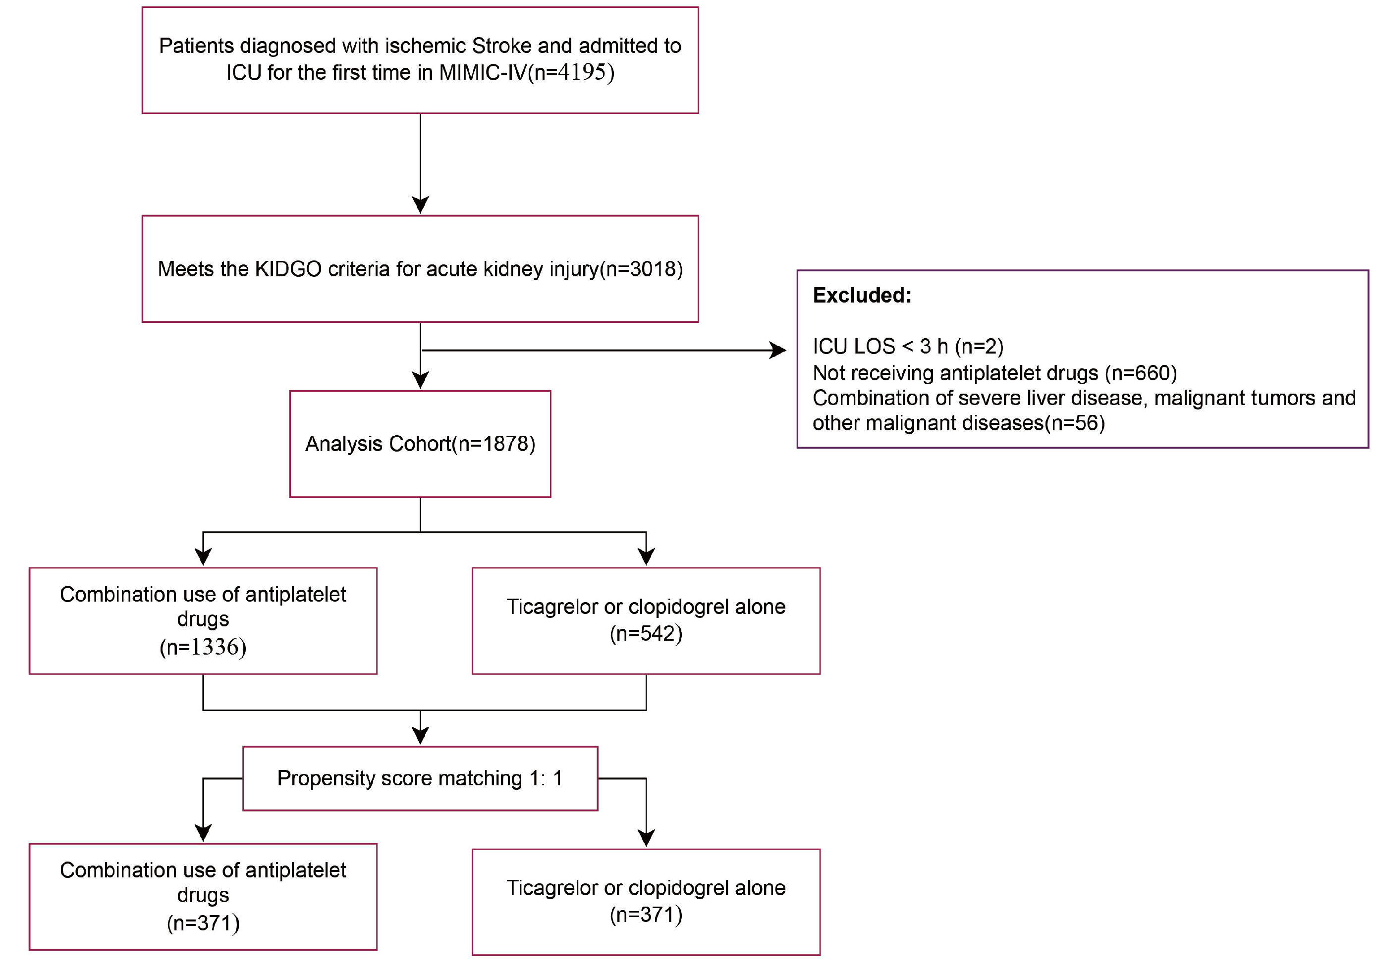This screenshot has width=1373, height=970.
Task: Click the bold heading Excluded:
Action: point(862,295)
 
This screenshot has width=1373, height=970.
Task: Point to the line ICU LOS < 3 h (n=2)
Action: point(908,346)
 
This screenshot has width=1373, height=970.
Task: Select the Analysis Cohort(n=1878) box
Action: point(420,444)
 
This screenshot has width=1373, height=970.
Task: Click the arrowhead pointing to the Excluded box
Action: point(777,350)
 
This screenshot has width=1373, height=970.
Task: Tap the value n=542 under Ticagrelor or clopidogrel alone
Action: point(646,633)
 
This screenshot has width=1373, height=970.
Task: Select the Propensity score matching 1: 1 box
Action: point(420,778)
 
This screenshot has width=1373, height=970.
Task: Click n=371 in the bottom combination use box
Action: point(203,923)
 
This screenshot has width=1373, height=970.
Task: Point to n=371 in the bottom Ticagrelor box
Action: point(646,915)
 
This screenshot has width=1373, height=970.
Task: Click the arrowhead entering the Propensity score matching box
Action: point(420,736)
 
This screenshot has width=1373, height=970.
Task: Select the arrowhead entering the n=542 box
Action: point(646,557)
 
